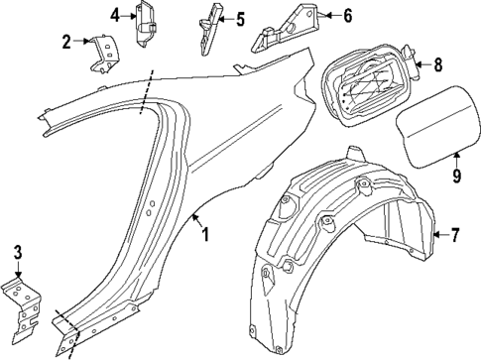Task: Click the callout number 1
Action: [205, 235]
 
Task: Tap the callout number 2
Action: [66, 41]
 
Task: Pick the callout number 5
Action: [239, 18]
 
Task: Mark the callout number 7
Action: [455, 235]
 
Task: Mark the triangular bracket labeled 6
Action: [284, 30]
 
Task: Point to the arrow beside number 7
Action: [440, 235]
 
